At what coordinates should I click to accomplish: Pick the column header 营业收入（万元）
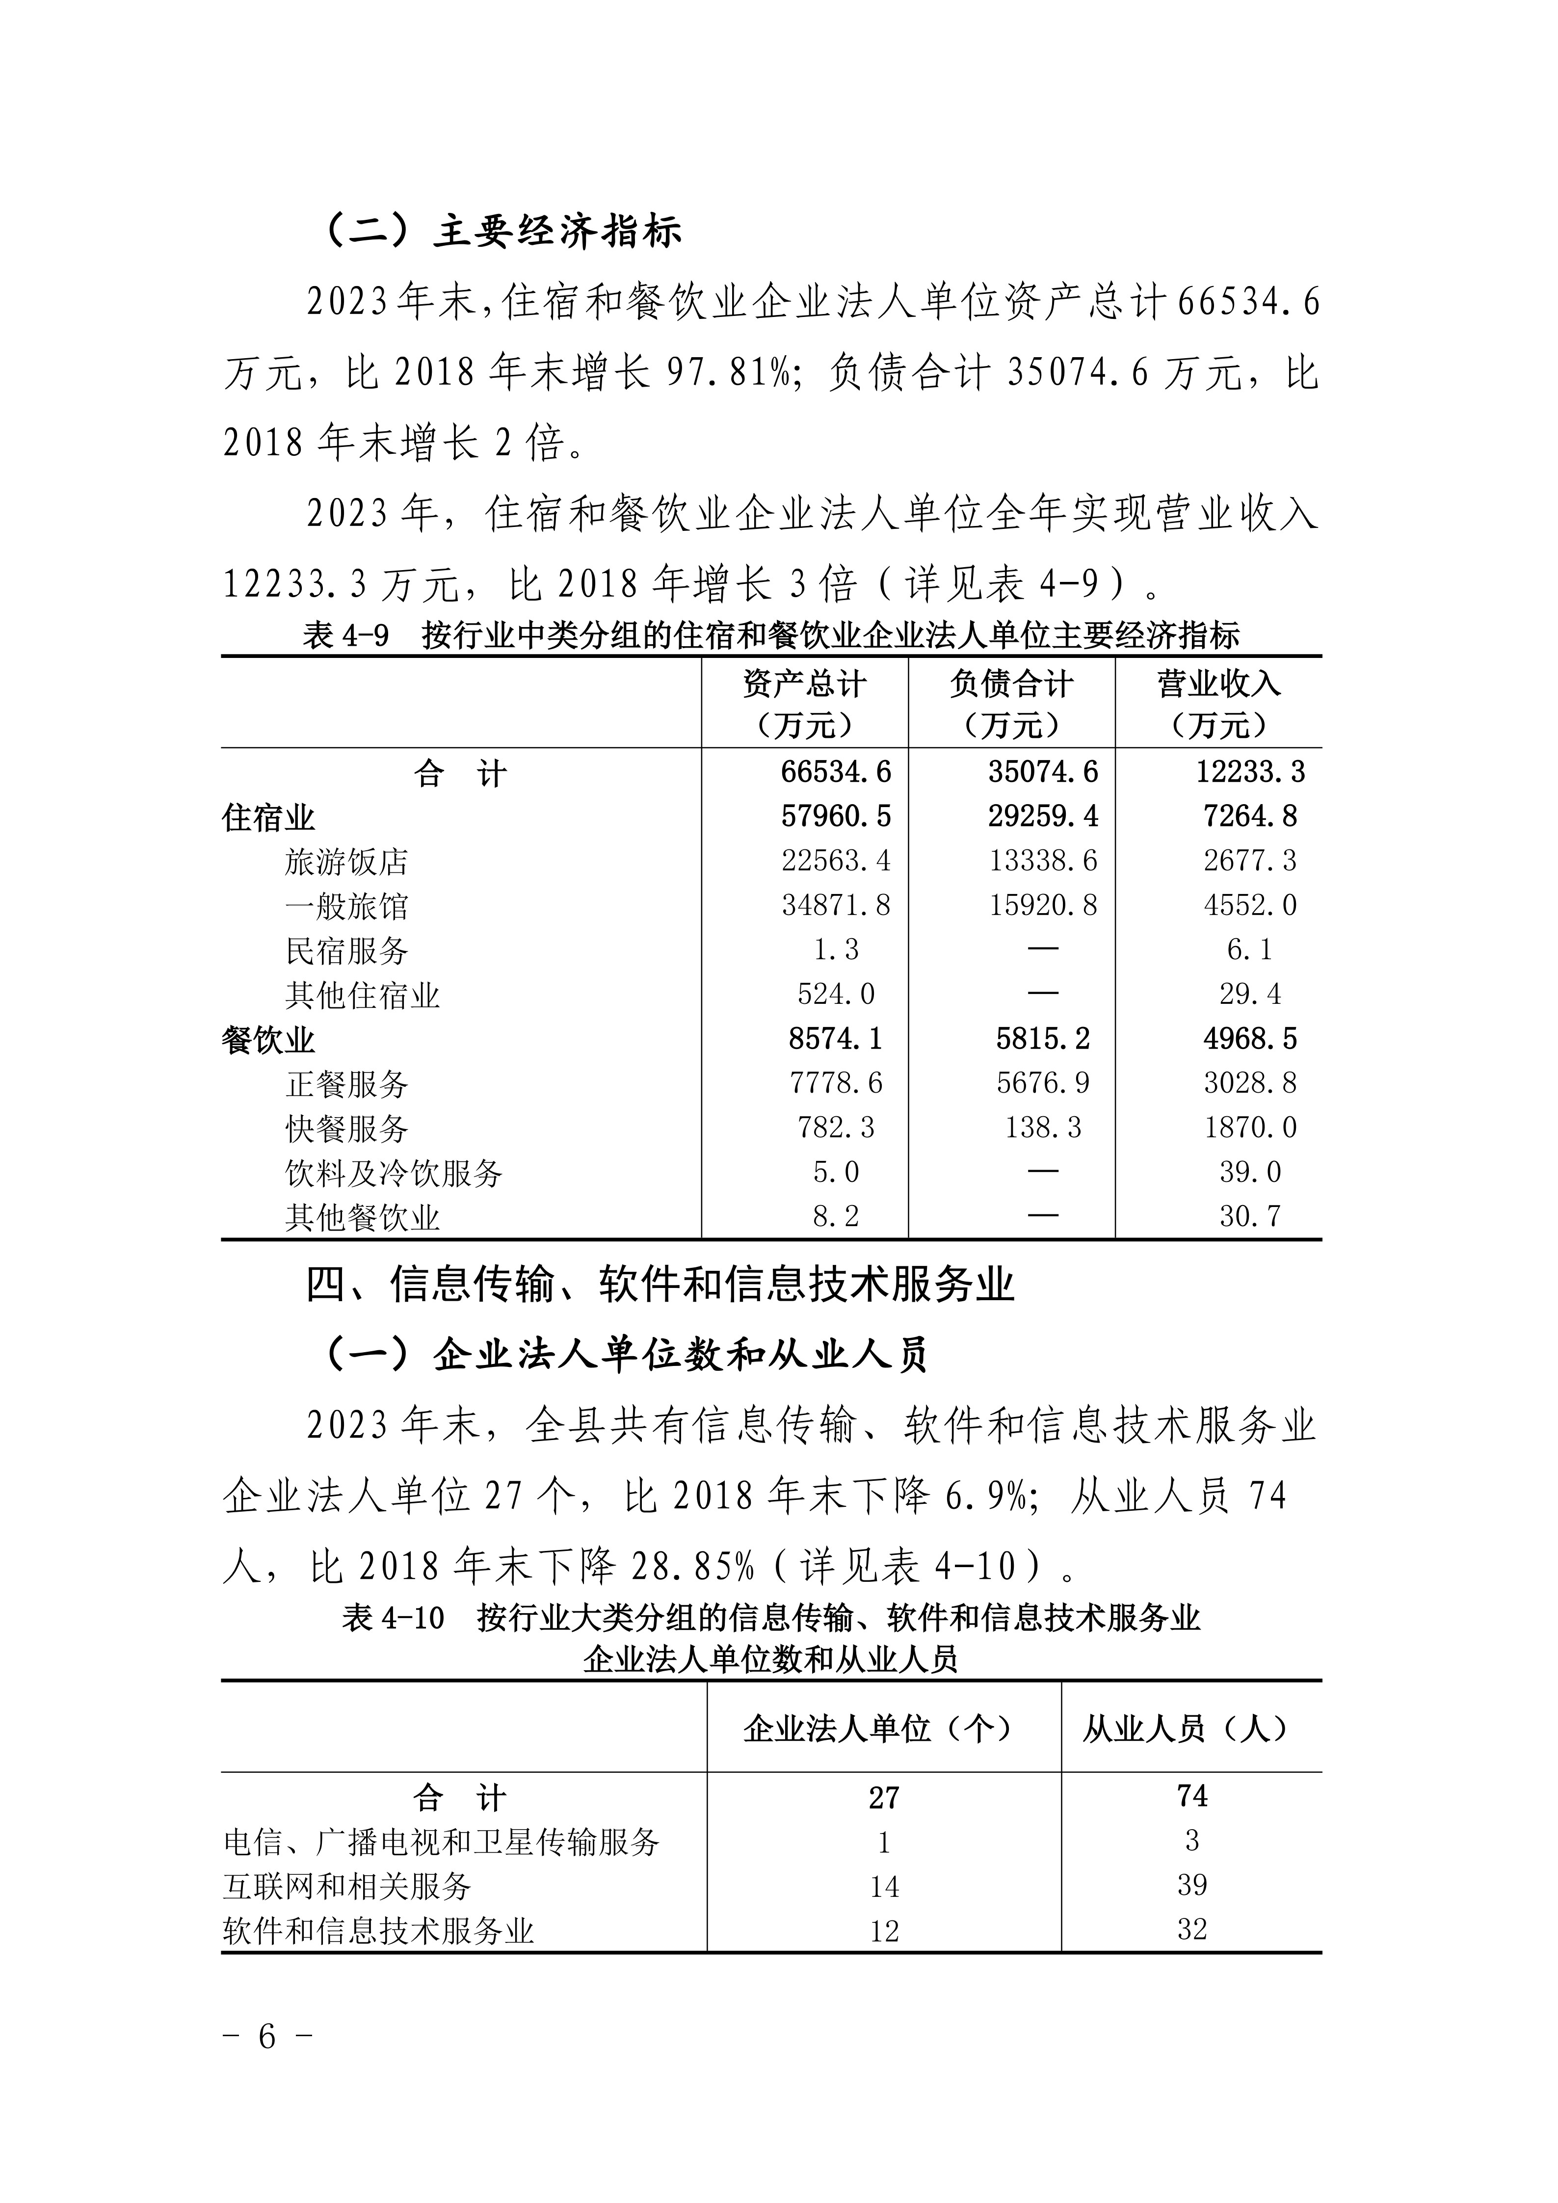coord(1218,703)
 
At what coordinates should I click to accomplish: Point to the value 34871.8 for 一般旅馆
coord(836,905)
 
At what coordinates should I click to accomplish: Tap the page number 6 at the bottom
coord(267,2061)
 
